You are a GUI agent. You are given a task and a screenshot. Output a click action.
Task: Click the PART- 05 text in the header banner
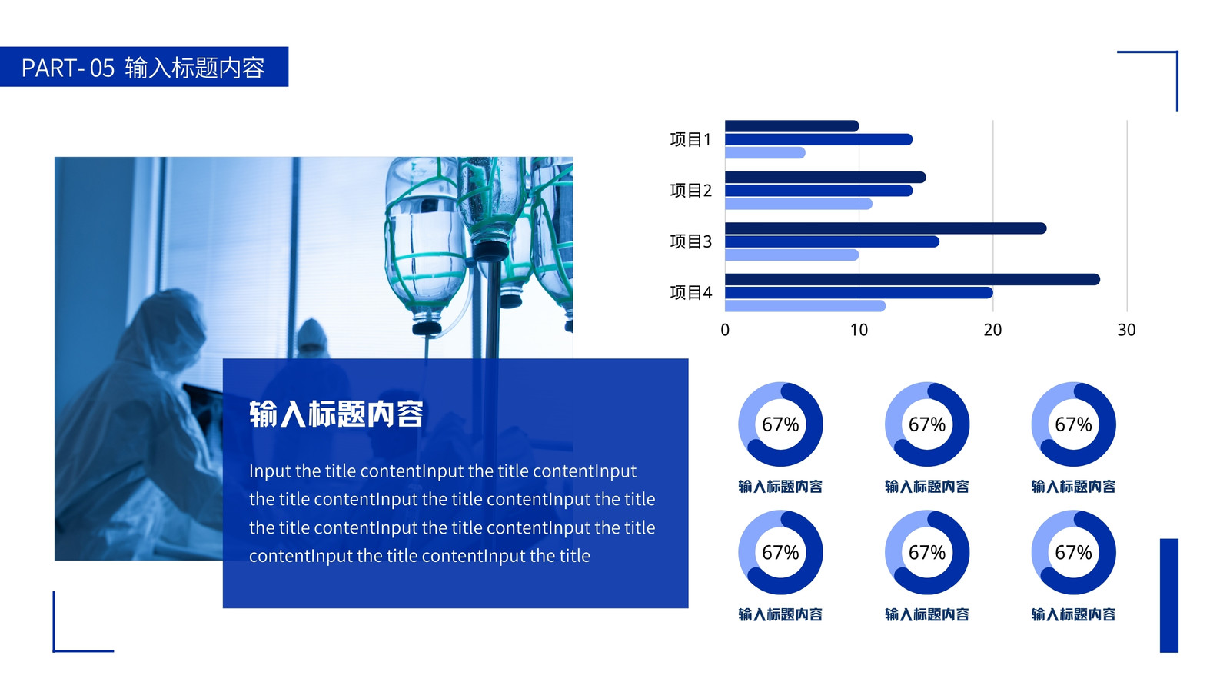coord(68,68)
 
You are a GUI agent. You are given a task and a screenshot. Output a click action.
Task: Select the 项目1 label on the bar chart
coord(690,139)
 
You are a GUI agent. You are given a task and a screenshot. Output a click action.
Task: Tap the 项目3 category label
coord(690,241)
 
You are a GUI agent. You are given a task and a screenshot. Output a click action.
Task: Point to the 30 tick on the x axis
coord(1126,330)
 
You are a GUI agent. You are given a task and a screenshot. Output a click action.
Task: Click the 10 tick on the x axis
coord(859,330)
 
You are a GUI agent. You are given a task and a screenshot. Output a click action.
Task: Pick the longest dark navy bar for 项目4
coord(913,280)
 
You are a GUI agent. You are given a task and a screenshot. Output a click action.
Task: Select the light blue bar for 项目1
coord(765,153)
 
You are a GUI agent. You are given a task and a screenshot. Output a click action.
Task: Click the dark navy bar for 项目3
coord(886,228)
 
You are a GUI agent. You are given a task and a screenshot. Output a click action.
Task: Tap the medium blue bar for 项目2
coord(819,191)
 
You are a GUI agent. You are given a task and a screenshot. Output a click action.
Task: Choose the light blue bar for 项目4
coord(805,306)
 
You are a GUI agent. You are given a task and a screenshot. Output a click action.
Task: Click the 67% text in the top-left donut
coord(780,424)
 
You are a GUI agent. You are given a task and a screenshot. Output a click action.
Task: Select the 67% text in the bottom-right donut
coord(1073,553)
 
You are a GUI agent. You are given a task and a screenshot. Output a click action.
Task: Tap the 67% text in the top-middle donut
coord(927,424)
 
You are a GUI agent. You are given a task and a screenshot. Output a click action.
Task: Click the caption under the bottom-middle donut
coord(927,614)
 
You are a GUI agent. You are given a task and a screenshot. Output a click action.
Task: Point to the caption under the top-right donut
coord(1073,487)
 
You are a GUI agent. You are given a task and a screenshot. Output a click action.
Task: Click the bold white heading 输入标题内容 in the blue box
coord(336,414)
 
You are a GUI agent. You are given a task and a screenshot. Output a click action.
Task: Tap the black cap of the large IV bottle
coord(427,328)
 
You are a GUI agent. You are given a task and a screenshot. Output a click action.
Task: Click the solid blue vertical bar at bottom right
coord(1169,595)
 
